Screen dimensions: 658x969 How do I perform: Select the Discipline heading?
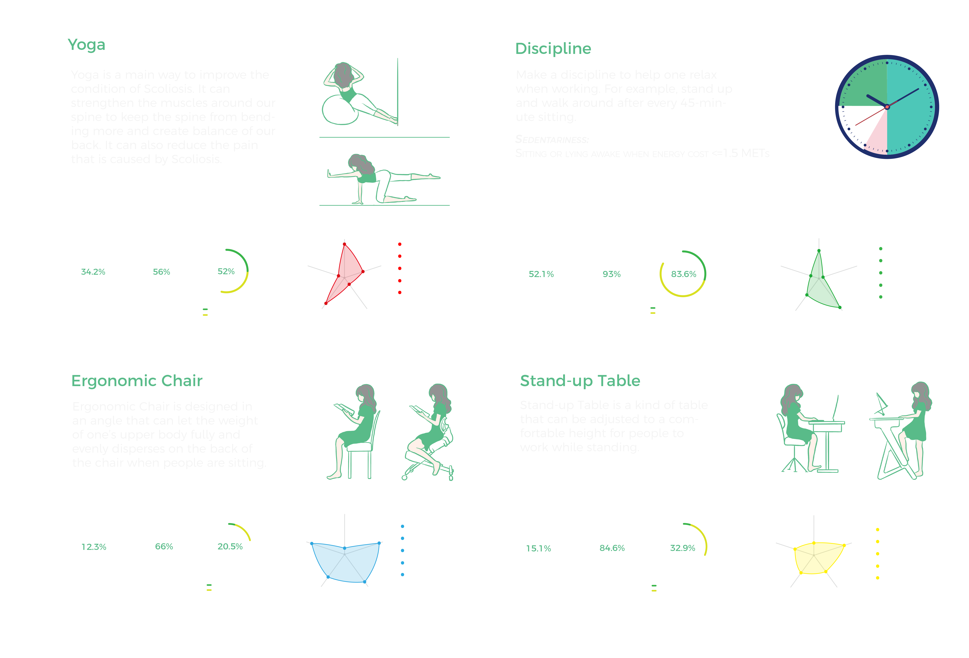pos(553,49)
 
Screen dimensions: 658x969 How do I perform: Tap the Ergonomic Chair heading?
pos(137,381)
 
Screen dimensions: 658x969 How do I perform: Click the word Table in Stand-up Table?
pos(618,381)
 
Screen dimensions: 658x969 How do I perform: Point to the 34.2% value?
pos(93,272)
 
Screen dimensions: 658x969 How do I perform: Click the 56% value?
pos(161,272)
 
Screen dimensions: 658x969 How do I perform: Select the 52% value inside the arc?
pos(226,271)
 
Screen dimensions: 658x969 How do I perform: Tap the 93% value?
pos(611,274)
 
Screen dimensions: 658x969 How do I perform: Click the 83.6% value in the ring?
pos(683,274)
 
